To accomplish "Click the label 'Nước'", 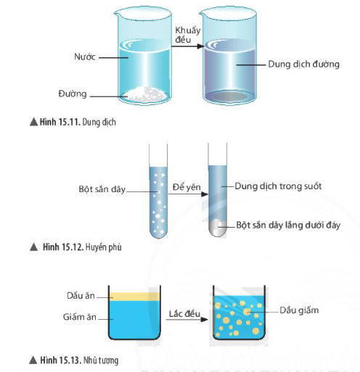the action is (x=85, y=57).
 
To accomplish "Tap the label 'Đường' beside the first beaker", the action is (x=73, y=94).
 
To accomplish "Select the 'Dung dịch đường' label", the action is (x=303, y=64).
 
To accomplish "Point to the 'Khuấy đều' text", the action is (x=187, y=35).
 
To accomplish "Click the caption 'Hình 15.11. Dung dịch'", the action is (x=73, y=122).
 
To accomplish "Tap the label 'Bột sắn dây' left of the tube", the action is (x=102, y=189).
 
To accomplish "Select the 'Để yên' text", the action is (x=187, y=187).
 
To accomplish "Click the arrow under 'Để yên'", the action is (x=188, y=194).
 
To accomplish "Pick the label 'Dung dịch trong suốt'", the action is (x=278, y=186).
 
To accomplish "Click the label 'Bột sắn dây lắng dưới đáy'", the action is (x=288, y=225).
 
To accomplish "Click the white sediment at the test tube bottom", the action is (x=218, y=227).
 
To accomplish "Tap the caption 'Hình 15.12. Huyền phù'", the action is (x=75, y=247).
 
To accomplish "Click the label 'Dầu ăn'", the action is (x=81, y=296).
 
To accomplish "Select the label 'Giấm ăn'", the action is (x=80, y=317).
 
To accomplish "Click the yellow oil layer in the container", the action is (x=134, y=297).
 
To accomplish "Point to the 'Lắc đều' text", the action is (x=184, y=314).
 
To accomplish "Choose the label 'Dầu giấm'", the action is (x=299, y=310).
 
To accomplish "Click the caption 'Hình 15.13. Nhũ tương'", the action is (x=74, y=360).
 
